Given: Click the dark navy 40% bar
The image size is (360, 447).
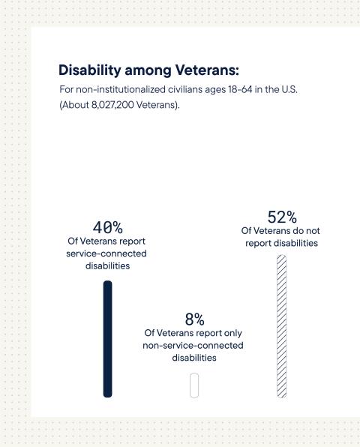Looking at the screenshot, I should pyautogui.click(x=107, y=338).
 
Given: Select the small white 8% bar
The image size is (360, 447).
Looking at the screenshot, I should pyautogui.click(x=193, y=385).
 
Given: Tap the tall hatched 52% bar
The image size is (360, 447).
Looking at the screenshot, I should pyautogui.click(x=281, y=326).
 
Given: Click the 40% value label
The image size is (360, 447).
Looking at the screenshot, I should pyautogui.click(x=107, y=227).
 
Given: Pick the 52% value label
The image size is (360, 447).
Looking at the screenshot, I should pyautogui.click(x=282, y=217).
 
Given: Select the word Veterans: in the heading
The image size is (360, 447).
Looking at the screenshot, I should pyautogui.click(x=205, y=70).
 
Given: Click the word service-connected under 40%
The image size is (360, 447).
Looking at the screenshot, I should pyautogui.click(x=106, y=253).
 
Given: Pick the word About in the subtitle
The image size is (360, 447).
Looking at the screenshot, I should pyautogui.click(x=76, y=106).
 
